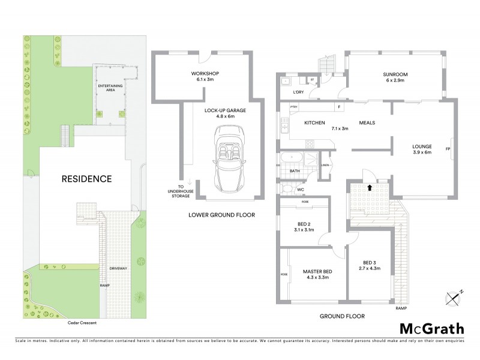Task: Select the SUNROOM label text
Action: (x=395, y=75)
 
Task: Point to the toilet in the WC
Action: (x=287, y=189)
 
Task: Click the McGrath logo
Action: (x=431, y=328)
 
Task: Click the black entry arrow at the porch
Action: (x=370, y=188)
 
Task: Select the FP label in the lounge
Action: (x=448, y=148)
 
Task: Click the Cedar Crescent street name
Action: (x=82, y=322)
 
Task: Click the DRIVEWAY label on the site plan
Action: (x=118, y=268)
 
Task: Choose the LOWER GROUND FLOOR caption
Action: (x=221, y=214)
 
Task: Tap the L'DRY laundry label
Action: (x=298, y=92)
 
